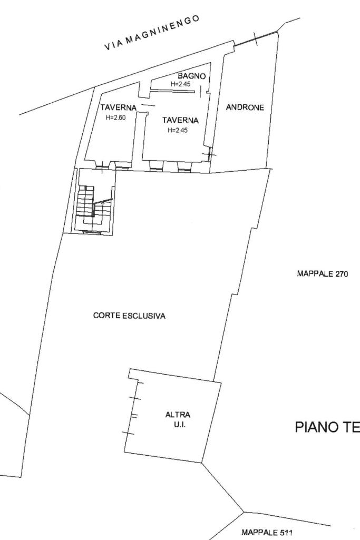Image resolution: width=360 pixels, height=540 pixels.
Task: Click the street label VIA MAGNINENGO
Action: pos(152,33)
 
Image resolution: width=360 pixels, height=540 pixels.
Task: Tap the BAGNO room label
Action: pos(191,76)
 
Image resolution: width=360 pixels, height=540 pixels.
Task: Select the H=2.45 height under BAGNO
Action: pos(180,84)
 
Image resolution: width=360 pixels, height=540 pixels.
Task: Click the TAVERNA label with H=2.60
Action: pos(119,107)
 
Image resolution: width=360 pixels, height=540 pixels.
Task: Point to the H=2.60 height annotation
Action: pos(116,117)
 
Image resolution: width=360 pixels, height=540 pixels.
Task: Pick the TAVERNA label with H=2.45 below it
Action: pos(180,120)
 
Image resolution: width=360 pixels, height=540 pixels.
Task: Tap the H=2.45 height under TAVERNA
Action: pos(178,130)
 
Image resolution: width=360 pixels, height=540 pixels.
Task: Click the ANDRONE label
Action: pos(245,107)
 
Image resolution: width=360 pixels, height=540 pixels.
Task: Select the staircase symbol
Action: pos(94,207)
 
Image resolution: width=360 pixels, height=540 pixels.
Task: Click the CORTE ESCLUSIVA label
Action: pos(129,316)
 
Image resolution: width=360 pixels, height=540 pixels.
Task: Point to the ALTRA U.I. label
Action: pos(178,420)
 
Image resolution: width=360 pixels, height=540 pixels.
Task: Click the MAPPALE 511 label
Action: pos(267,533)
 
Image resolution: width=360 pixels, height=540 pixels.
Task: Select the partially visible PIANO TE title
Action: pos(327,427)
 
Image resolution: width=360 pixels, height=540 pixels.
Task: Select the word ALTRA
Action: pos(178,415)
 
